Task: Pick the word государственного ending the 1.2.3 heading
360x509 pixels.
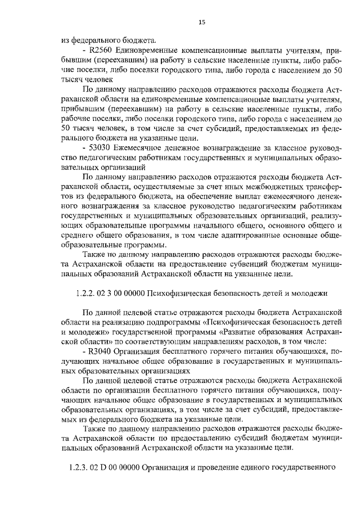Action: click(300, 467)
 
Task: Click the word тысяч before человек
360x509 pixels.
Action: click(73, 80)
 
